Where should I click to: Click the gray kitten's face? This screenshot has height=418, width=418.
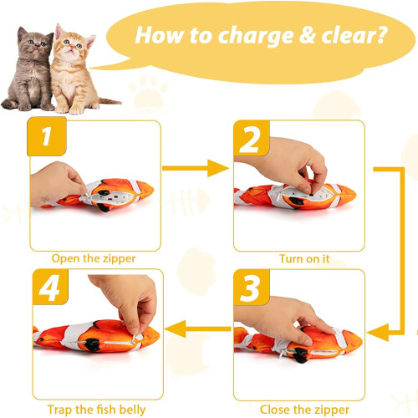click(x=37, y=45)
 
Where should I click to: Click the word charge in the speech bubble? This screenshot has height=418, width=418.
click(x=256, y=37)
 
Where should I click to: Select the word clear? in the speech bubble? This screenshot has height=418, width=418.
click(x=354, y=35)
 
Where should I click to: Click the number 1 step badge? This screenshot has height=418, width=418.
click(x=47, y=136)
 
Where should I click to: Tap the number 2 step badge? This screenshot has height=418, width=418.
click(x=252, y=138)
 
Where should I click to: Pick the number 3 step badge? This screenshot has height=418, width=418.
click(x=252, y=287)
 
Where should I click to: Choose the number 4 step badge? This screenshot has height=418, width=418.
click(x=50, y=287)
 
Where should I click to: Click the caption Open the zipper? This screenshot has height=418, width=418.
click(x=94, y=259)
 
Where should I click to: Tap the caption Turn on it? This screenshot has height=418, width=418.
click(x=304, y=259)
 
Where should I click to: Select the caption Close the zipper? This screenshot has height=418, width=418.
click(x=304, y=410)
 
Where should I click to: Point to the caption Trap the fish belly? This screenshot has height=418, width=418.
click(x=96, y=410)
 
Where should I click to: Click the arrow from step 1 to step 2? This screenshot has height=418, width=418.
click(x=196, y=168)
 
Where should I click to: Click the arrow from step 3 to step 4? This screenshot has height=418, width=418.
click(x=198, y=329)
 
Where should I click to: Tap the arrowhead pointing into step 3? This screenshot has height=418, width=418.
click(x=378, y=333)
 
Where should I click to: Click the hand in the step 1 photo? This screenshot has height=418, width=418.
click(x=56, y=184)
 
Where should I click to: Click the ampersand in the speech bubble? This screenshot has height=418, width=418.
click(x=308, y=35)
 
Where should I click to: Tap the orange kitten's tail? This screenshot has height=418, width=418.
click(x=110, y=101)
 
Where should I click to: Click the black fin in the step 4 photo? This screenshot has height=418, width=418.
click(x=92, y=345)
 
